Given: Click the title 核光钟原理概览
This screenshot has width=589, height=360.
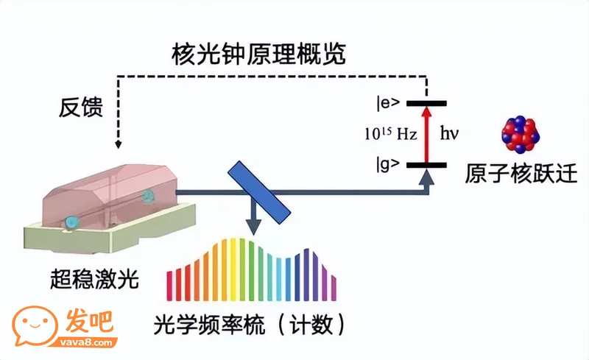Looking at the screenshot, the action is [259, 54].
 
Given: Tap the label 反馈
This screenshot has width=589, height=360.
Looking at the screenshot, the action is [81, 107].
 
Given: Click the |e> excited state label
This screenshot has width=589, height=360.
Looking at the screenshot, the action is [389, 103].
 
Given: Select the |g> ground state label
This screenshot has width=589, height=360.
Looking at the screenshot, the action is [388, 165].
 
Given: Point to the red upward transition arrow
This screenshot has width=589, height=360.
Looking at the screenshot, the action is [426, 135].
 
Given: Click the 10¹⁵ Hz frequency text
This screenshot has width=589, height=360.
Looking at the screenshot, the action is [391, 133].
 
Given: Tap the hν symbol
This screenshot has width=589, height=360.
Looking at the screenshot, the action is [449, 133].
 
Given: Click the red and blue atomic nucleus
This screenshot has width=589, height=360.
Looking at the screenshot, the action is [521, 134].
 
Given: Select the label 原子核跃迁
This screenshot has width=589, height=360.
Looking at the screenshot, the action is [521, 173].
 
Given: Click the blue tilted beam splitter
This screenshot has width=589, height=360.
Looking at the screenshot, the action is [259, 192].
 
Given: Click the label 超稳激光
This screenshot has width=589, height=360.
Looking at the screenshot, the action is [95, 279].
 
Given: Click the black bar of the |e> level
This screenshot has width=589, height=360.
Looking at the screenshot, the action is [426, 103].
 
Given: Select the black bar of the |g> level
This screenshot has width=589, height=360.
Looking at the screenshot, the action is [426, 165].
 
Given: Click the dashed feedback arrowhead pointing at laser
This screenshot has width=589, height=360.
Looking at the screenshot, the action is [119, 144].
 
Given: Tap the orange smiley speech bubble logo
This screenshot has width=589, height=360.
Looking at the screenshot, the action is [35, 325].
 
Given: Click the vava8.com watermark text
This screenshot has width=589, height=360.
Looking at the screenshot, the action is [86, 342].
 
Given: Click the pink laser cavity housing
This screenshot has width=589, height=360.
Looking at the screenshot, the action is [110, 195].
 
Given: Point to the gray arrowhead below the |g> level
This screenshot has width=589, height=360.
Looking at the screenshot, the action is [426, 177].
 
